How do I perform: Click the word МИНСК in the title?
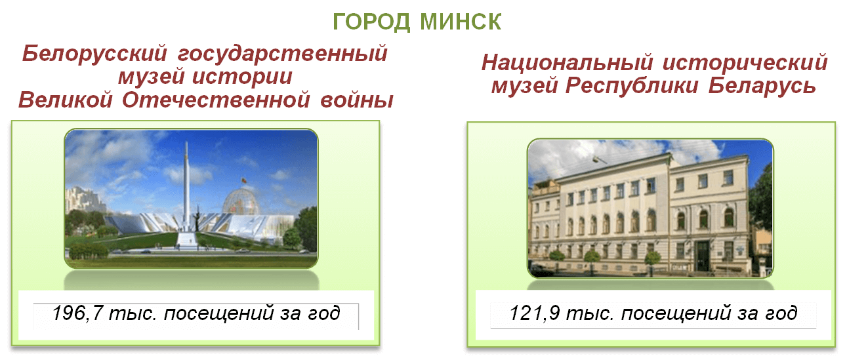(461, 22)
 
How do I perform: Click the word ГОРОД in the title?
(371, 22)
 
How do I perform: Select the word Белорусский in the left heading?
(94, 53)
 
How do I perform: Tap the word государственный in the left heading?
(283, 53)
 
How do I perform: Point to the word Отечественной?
(216, 100)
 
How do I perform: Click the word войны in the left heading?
(357, 100)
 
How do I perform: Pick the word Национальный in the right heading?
(568, 62)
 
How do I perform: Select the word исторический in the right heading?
(745, 62)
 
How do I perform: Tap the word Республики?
(632, 86)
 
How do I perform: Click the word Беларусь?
(762, 86)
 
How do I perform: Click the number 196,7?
(77, 313)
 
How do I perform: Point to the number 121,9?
(535, 313)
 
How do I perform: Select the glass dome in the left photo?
(241, 201)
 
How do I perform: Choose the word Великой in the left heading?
(66, 100)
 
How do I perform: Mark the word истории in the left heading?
(242, 77)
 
